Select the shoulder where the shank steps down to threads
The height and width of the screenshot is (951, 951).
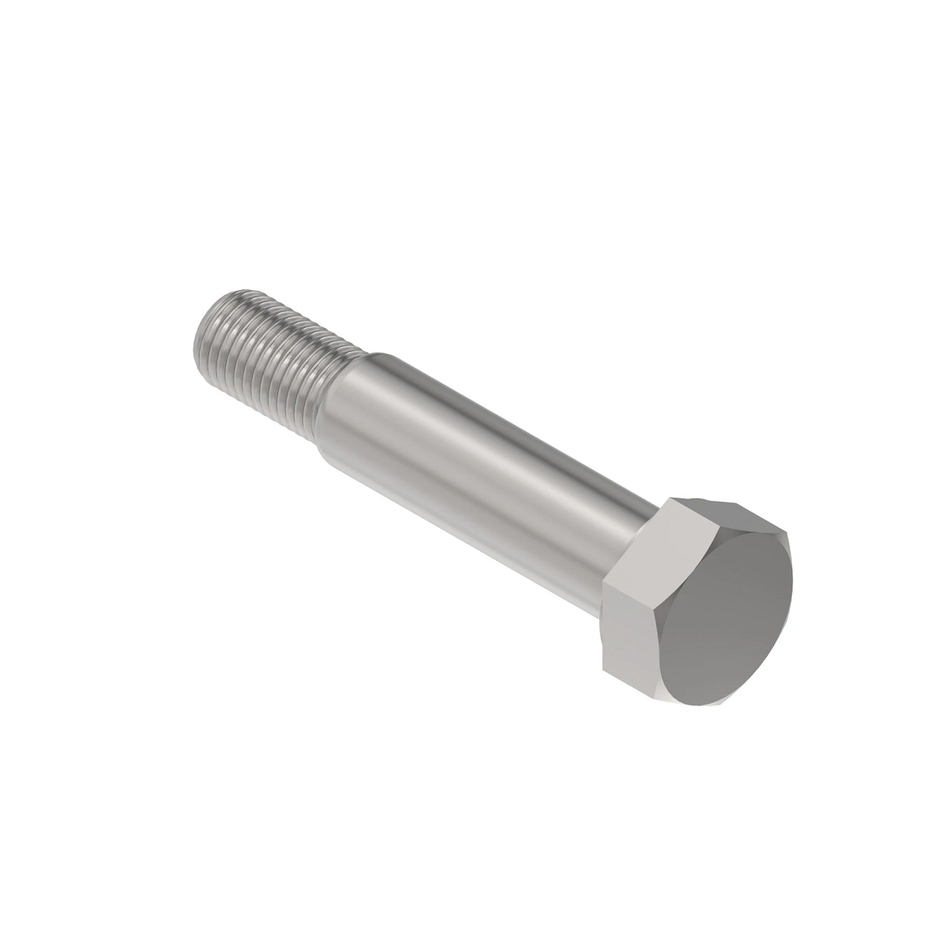point(357,372)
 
